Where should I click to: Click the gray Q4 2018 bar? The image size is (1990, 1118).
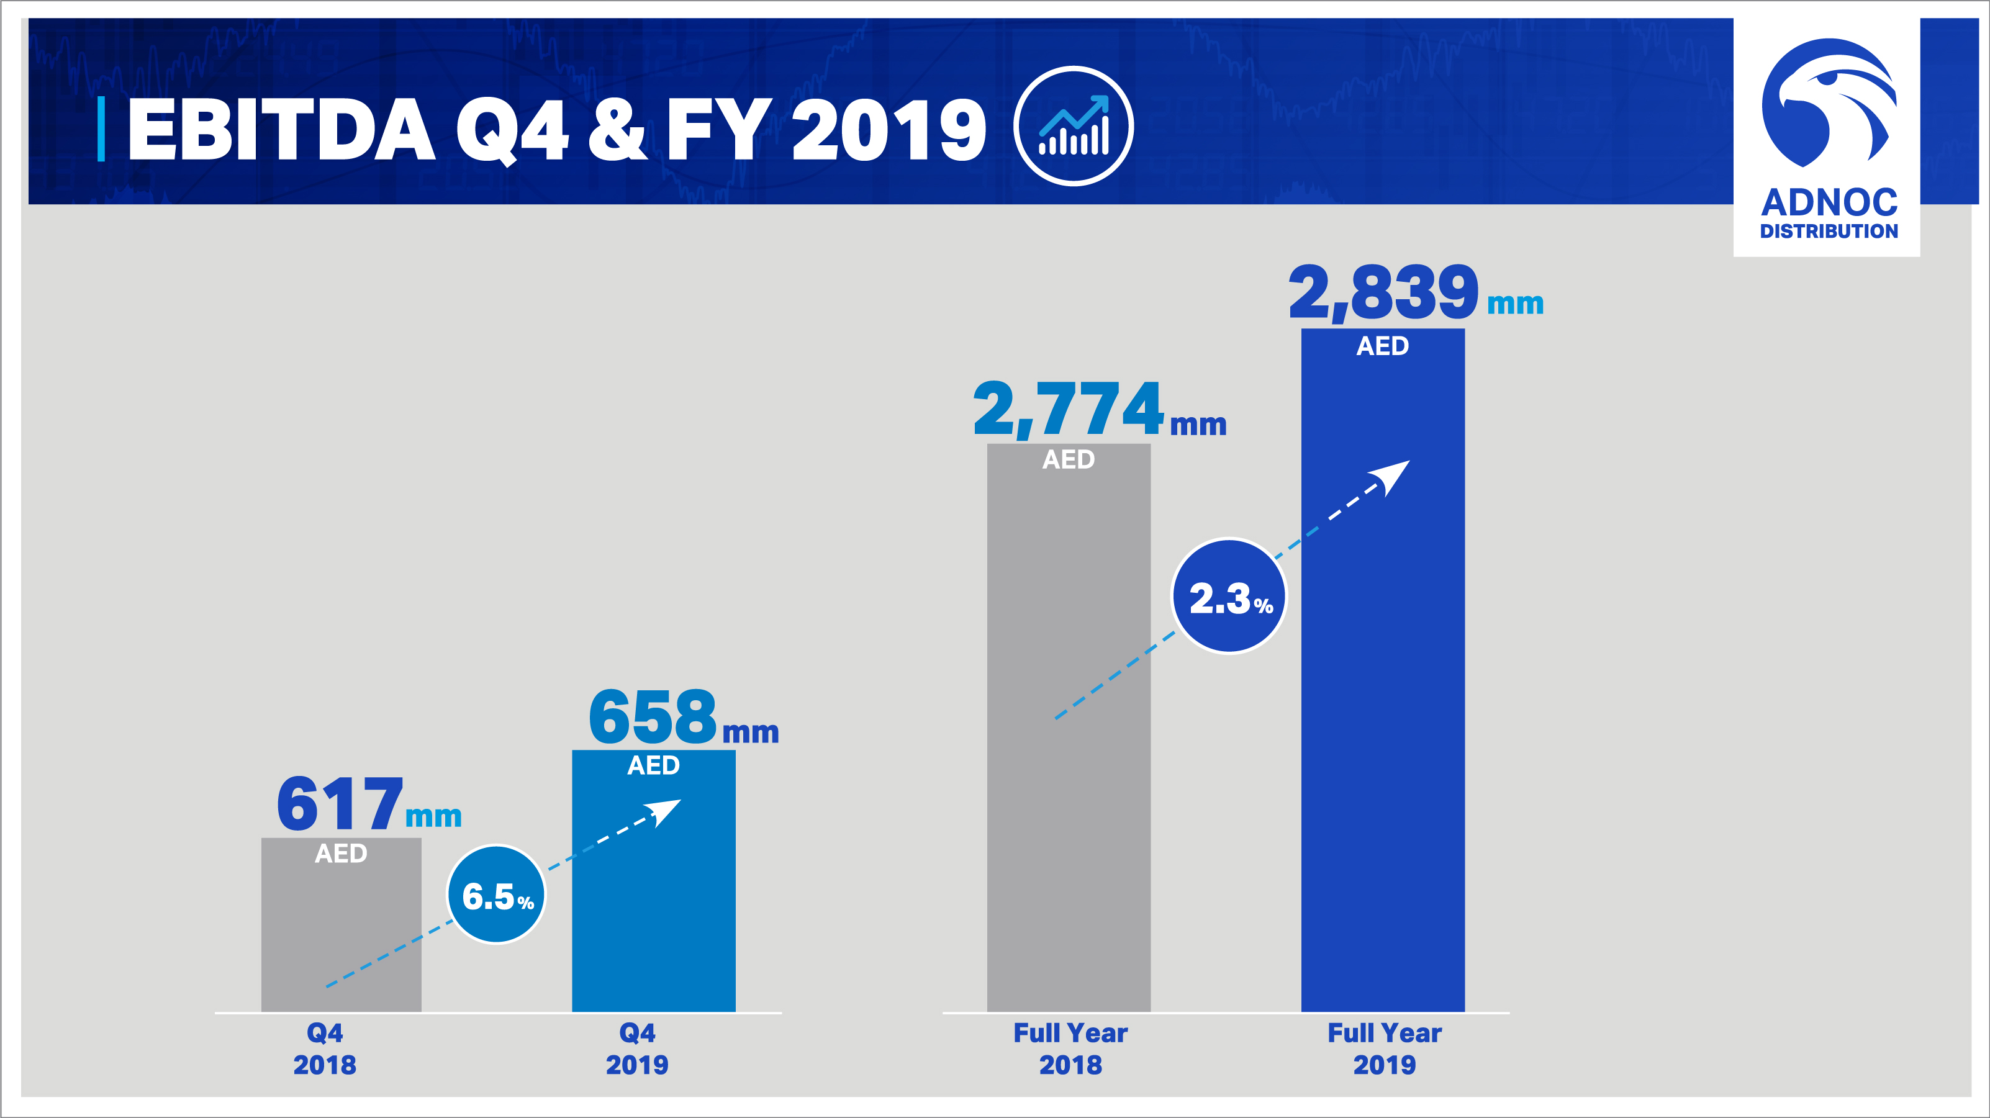341,942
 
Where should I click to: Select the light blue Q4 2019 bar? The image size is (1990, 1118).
654,911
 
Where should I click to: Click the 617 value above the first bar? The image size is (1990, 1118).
340,805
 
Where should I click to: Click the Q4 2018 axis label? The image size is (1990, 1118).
325,1048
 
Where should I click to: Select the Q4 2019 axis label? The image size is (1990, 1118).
636,1048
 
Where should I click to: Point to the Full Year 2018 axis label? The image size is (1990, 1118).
1070,1048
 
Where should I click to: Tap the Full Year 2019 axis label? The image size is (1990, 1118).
1385,1048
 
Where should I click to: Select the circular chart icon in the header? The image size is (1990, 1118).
1073,126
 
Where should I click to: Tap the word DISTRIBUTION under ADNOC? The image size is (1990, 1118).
1829,231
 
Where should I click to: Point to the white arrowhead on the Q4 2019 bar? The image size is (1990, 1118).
665,811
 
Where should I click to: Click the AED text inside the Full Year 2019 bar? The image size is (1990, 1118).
1383,346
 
